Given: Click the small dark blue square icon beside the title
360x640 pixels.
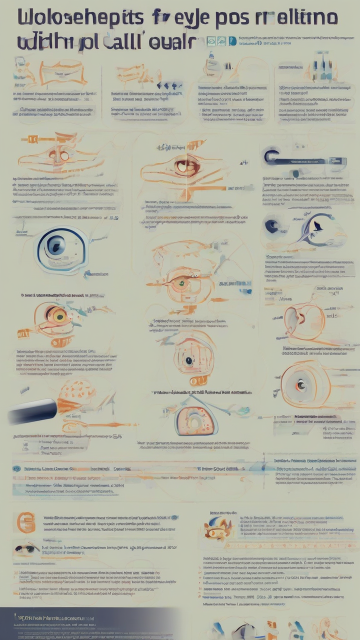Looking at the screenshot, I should coord(231,41).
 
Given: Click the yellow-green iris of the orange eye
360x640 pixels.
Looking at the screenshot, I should coord(59,314).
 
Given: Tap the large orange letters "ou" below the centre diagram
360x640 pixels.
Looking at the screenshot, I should coord(197,381).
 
